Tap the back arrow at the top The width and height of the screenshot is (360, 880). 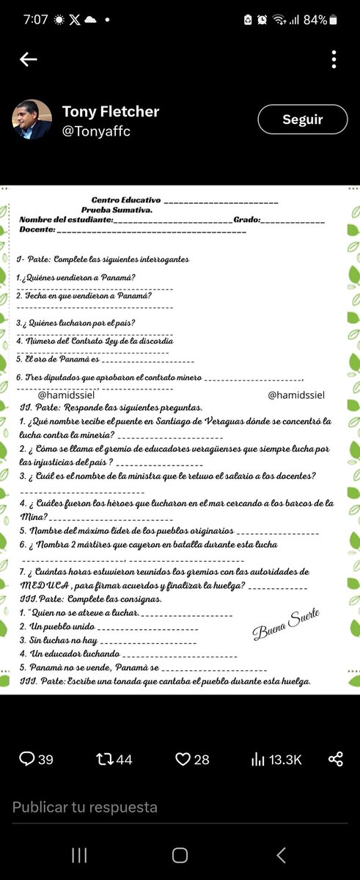coord(29,59)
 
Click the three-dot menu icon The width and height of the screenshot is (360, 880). coord(334,59)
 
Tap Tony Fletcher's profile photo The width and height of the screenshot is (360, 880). coord(32,120)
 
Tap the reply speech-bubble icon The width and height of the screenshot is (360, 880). coord(26,759)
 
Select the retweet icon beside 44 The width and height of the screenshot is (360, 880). coord(104,759)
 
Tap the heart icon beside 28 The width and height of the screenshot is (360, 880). coord(183,759)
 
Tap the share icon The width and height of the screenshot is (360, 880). coord(336,759)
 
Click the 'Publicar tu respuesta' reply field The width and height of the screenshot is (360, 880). coord(85,807)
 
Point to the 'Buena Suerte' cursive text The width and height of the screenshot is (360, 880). coord(286,624)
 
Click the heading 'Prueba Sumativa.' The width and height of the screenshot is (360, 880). coord(117,210)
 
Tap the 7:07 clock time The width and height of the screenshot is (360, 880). coord(35,20)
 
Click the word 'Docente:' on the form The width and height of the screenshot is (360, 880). coord(36,230)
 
